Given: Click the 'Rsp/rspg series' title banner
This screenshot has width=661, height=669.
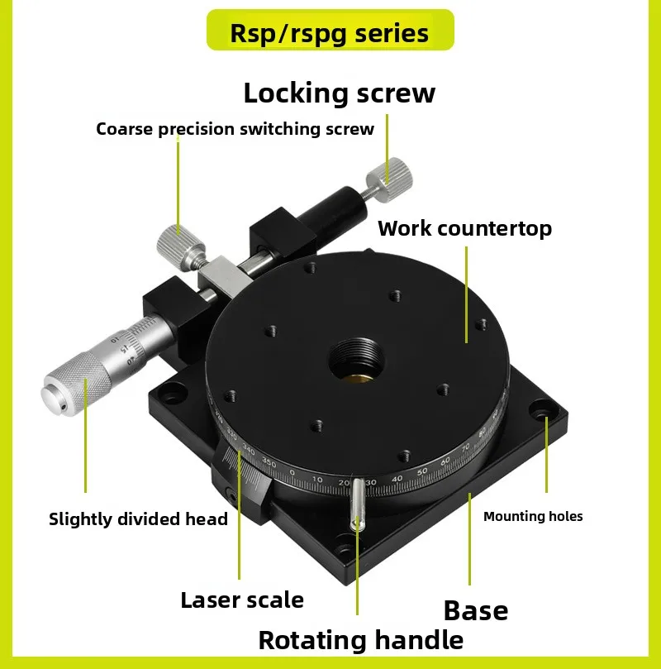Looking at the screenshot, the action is (330, 30).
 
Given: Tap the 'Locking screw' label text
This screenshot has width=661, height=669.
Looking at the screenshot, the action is (340, 93).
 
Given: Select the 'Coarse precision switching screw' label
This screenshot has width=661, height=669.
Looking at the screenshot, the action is (235, 128).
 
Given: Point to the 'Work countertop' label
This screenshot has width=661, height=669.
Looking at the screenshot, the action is (464, 229).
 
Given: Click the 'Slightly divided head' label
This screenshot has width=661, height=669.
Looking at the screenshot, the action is (138, 518).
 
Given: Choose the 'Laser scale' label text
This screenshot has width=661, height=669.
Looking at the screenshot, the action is (242, 600).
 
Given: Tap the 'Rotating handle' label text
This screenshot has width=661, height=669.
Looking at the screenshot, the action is (360, 640).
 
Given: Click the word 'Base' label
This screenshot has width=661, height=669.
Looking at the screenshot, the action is (476, 610).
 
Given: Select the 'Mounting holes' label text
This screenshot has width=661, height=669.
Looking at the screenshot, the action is (533, 516).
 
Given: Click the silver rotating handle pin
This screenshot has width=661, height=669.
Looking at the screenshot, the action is (357, 504).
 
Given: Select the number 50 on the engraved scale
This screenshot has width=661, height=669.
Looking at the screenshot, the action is (422, 471).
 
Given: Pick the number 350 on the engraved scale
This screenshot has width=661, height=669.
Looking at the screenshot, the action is (269, 462).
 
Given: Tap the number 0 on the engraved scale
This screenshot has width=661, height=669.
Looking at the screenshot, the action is (292, 472).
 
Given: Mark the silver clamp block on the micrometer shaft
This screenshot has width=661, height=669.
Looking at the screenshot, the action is (225, 276).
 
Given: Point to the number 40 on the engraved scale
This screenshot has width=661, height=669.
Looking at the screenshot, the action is (397, 479).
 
